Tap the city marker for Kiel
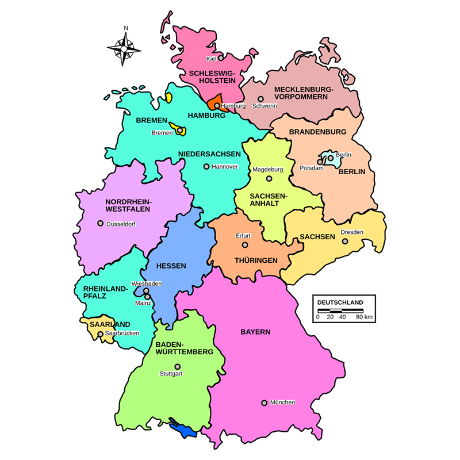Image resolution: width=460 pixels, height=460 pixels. (220, 58)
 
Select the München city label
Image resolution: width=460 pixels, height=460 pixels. (282, 402)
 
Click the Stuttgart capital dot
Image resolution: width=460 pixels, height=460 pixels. (177, 366)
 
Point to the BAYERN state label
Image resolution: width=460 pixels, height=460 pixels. (255, 332)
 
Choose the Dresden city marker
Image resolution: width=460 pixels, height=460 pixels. (345, 241)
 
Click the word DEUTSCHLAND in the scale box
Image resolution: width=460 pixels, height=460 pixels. (340, 302)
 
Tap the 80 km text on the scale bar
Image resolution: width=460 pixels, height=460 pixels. (364, 317)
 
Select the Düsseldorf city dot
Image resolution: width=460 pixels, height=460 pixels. (100, 223)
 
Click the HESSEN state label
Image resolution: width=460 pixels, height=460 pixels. (171, 266)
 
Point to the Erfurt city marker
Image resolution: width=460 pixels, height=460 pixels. (245, 244)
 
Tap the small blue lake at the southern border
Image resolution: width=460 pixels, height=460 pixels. (185, 430)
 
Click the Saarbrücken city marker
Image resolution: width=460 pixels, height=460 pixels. (101, 333)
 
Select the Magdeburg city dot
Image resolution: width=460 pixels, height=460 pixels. (268, 178)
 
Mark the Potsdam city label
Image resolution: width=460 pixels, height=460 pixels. (310, 168)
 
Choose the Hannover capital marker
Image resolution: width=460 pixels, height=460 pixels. (206, 167)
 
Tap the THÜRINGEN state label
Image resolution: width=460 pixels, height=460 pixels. (256, 260)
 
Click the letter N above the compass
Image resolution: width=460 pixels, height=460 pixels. (126, 28)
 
